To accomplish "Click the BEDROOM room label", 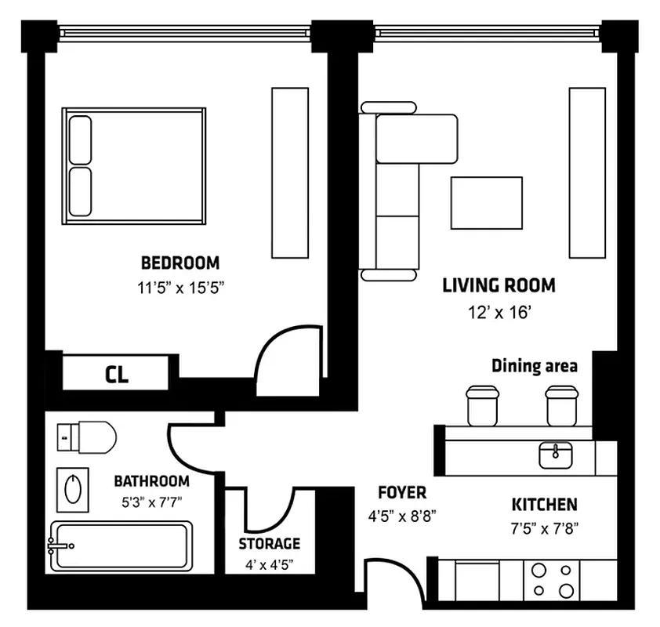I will coord(180,263).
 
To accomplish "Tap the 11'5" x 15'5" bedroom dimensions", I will coord(181,288).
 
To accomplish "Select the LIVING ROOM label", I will coord(499,285).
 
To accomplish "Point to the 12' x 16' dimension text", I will coord(499,313).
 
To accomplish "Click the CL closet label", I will coord(117,374).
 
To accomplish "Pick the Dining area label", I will coord(535,366).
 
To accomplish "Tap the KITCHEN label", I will coord(545,505).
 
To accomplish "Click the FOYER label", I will coord(401,493).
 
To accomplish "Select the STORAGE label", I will coord(269,543).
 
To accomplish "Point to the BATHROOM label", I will coord(151,481).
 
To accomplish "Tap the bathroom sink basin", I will coord(72,487).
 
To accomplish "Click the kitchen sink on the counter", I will coord(556,453).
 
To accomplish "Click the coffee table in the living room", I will coord(486,203).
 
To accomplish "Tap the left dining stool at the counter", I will coord(482,405).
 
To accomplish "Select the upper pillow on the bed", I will coord(80,140).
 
